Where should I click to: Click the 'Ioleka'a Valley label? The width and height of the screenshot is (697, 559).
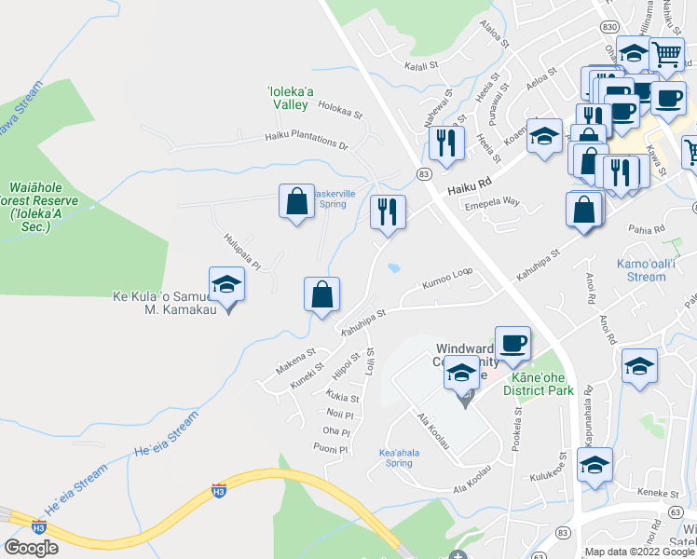pos(288,98)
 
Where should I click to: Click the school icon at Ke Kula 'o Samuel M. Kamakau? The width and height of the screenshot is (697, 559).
pos(226,284)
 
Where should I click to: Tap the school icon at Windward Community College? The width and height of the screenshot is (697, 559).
pos(461,374)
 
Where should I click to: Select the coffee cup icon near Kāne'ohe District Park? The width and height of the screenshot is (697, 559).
pos(512,343)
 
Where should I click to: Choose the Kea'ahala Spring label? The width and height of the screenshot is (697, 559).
pos(395,457)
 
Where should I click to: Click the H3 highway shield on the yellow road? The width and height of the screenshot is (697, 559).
pos(218,488)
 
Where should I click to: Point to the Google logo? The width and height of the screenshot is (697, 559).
pos(32,548)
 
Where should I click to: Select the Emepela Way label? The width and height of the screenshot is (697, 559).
pos(491,201)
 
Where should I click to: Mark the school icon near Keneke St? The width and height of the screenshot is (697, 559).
pos(594,464)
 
